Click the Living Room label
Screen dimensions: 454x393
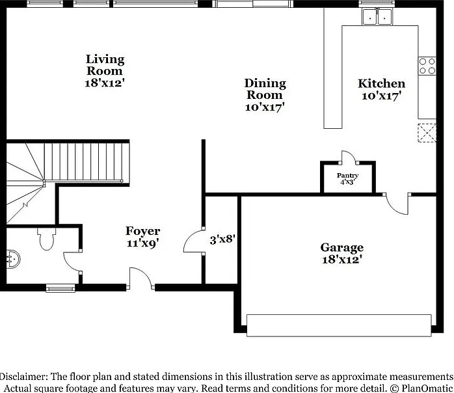pos(105,71)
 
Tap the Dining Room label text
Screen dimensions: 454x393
pos(265,95)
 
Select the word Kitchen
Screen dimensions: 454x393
pos(381,83)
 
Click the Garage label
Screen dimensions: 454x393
pos(342,253)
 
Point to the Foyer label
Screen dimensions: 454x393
pos(142,237)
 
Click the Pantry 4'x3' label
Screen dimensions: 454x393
pos(347,179)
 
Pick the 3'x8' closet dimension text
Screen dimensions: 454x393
pos(222,239)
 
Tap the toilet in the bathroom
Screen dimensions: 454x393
pos(47,239)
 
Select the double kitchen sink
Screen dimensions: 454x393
pos(377,17)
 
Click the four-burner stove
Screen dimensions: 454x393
pos(427,66)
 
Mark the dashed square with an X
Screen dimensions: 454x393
pos(427,133)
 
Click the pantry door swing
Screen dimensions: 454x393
pos(349,157)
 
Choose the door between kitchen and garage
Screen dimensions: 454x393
pos(396,204)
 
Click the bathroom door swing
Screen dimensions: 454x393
pos(72,262)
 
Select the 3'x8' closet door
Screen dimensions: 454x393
pos(194,241)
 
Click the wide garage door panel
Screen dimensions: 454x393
pos(339,325)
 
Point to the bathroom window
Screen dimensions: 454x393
pos(60,288)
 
